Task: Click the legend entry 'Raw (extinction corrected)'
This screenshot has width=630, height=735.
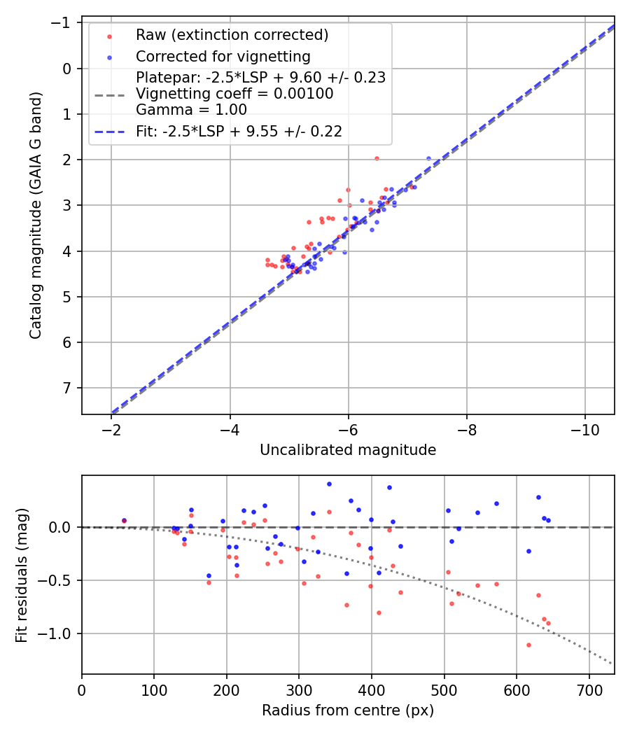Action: tap(232, 35)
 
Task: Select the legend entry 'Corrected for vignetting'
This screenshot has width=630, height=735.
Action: tap(223, 56)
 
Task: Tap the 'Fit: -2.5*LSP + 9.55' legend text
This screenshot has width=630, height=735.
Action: tap(239, 131)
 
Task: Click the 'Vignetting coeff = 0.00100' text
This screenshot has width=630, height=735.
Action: tap(234, 93)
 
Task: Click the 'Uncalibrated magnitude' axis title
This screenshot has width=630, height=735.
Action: tap(348, 450)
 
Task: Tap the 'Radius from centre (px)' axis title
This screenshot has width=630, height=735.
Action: tap(348, 710)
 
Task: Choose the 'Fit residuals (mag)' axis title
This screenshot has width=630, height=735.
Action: tap(22, 575)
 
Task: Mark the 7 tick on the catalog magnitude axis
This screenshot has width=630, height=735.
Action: tap(68, 388)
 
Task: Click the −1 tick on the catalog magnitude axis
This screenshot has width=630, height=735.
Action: tap(64, 23)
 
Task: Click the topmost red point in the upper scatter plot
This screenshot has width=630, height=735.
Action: tap(377, 158)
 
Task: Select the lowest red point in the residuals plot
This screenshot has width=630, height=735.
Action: tap(528, 645)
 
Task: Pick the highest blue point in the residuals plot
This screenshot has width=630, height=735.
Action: tap(329, 484)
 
